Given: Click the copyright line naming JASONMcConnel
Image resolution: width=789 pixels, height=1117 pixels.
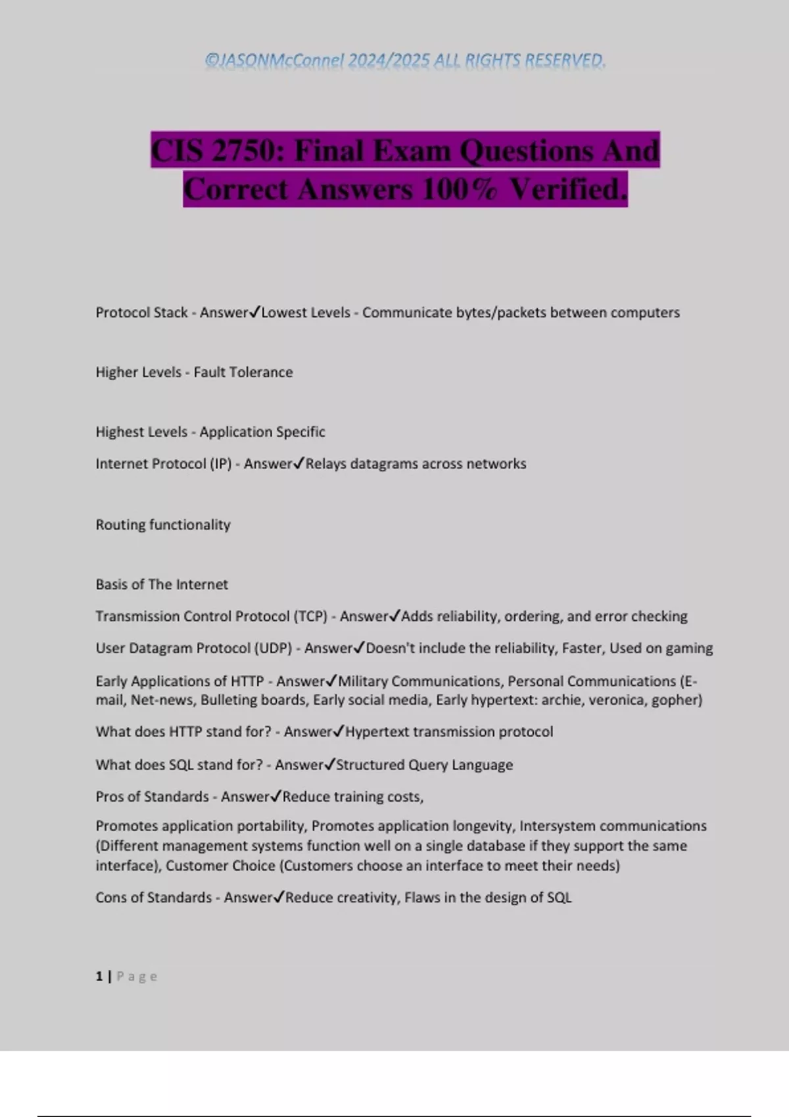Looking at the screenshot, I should click(x=405, y=60).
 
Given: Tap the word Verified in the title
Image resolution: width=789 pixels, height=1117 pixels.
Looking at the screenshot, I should click(x=567, y=189).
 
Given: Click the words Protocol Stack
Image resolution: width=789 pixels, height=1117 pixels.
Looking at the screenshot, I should click(x=141, y=313).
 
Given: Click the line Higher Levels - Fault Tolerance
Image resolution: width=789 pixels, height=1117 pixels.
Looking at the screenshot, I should click(x=194, y=373).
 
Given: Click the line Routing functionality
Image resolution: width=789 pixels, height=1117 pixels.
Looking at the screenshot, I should click(x=163, y=525).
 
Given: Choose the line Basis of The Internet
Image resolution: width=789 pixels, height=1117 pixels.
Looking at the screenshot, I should click(x=162, y=585).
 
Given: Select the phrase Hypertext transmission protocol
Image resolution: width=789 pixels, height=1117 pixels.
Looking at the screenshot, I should click(x=449, y=732).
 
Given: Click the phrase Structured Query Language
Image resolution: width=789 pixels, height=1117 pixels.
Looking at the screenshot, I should click(x=424, y=765).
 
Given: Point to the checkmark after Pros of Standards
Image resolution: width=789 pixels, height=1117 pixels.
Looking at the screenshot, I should click(x=276, y=796).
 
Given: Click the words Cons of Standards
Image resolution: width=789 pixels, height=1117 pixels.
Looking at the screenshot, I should click(x=153, y=898).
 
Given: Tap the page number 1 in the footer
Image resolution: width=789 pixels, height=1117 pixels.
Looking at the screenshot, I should click(x=99, y=976).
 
